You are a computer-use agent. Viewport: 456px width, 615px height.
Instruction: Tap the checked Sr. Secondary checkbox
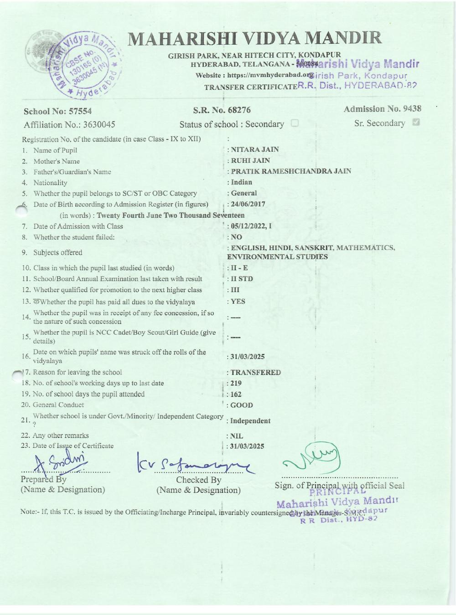415,123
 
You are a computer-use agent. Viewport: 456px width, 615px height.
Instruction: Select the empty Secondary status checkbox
295,123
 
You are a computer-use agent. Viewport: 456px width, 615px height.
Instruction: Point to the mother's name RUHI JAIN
250,160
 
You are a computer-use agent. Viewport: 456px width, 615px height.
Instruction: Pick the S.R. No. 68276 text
222,110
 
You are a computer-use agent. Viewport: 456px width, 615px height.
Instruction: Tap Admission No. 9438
382,109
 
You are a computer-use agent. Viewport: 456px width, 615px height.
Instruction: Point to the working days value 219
236,384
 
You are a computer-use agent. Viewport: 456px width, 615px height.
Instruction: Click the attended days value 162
236,395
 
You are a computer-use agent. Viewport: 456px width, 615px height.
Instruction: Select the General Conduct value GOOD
242,405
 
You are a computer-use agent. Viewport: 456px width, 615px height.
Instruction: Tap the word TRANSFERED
255,373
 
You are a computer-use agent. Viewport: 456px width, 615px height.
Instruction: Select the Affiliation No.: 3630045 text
69,125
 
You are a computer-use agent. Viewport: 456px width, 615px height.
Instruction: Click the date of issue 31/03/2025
247,446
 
